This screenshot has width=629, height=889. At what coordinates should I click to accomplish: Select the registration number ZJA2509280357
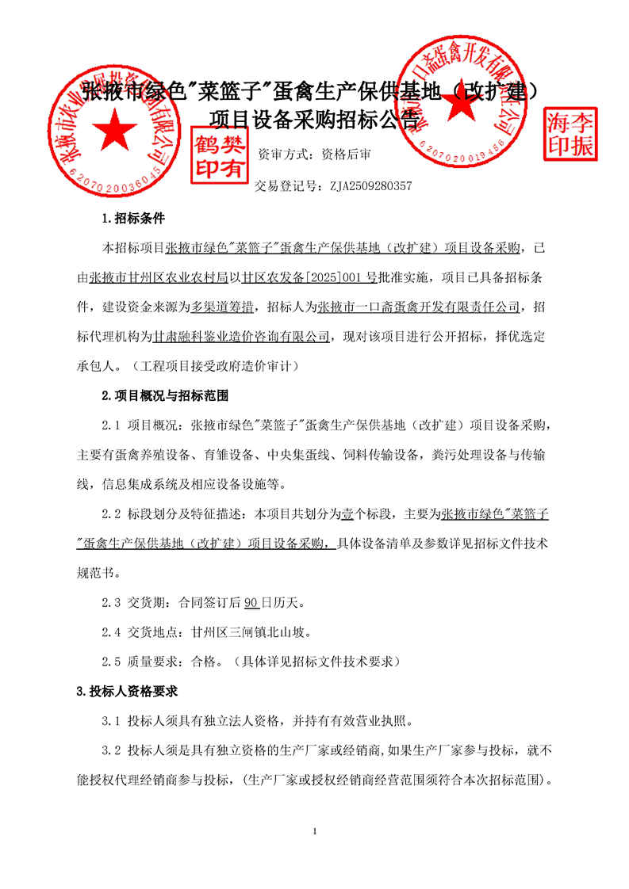[370, 187]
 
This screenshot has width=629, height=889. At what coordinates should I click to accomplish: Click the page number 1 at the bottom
[316, 831]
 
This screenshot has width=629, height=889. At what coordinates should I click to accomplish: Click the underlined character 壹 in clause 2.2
[347, 514]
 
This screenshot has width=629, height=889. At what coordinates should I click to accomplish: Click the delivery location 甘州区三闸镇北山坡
[251, 631]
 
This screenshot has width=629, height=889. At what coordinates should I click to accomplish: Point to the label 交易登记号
[282, 187]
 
